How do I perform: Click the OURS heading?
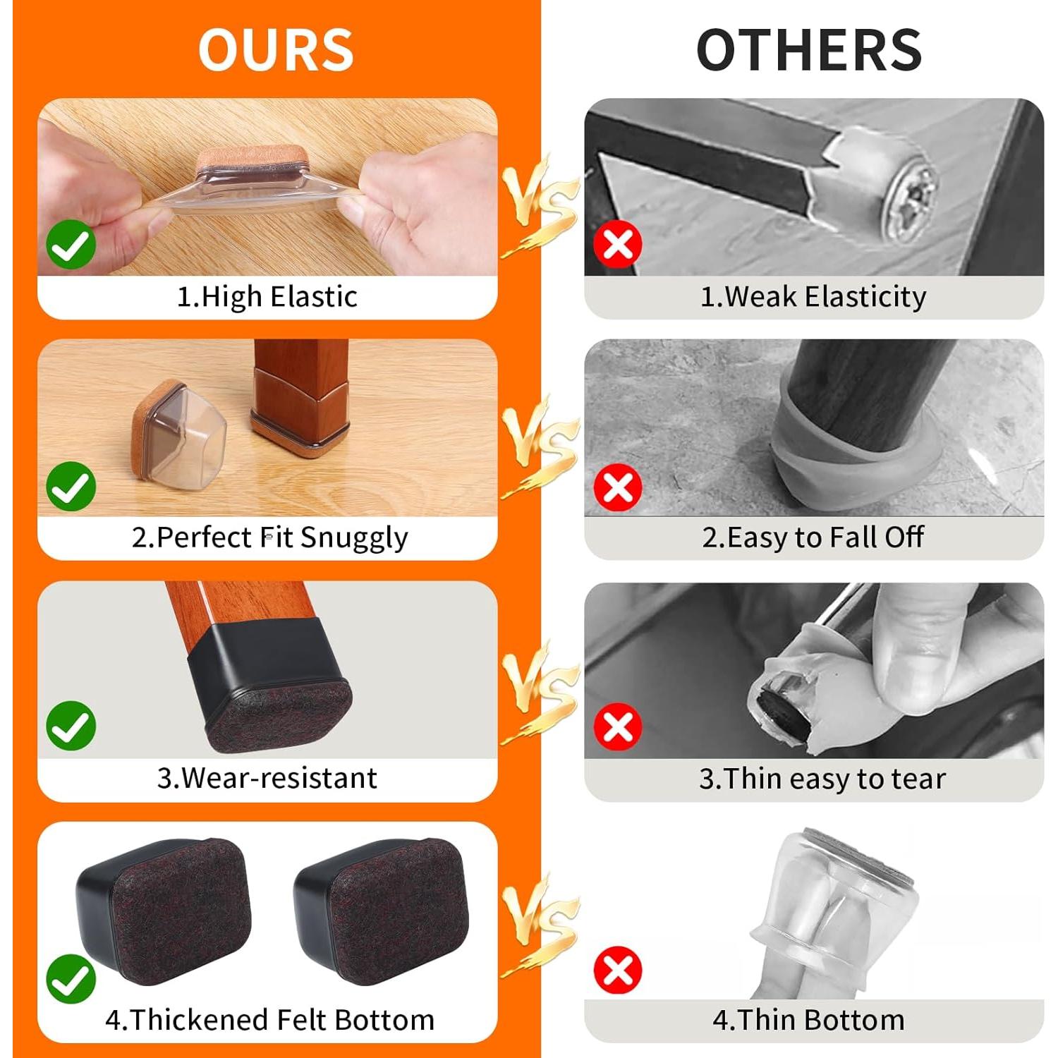276,50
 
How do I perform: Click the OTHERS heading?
809,50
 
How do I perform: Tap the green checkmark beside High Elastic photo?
71,244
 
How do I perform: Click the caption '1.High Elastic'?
267,297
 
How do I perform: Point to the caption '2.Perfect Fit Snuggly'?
269,538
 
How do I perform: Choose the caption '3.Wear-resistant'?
267,779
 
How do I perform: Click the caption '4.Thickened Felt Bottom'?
269,1020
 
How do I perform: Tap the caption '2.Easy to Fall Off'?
813,538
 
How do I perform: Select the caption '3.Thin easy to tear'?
822,779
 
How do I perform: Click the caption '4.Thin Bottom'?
808,1020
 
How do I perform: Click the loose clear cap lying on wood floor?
179,427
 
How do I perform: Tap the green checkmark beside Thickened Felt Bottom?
71,978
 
